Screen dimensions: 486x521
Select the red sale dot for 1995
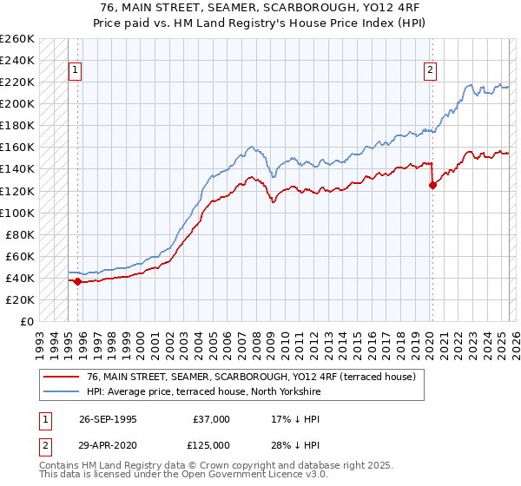(77, 280)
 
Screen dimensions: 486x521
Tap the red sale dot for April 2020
(432, 185)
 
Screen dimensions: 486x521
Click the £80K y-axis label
(20, 234)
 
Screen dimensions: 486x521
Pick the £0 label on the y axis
(26, 321)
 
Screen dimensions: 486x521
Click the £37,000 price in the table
(212, 419)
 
